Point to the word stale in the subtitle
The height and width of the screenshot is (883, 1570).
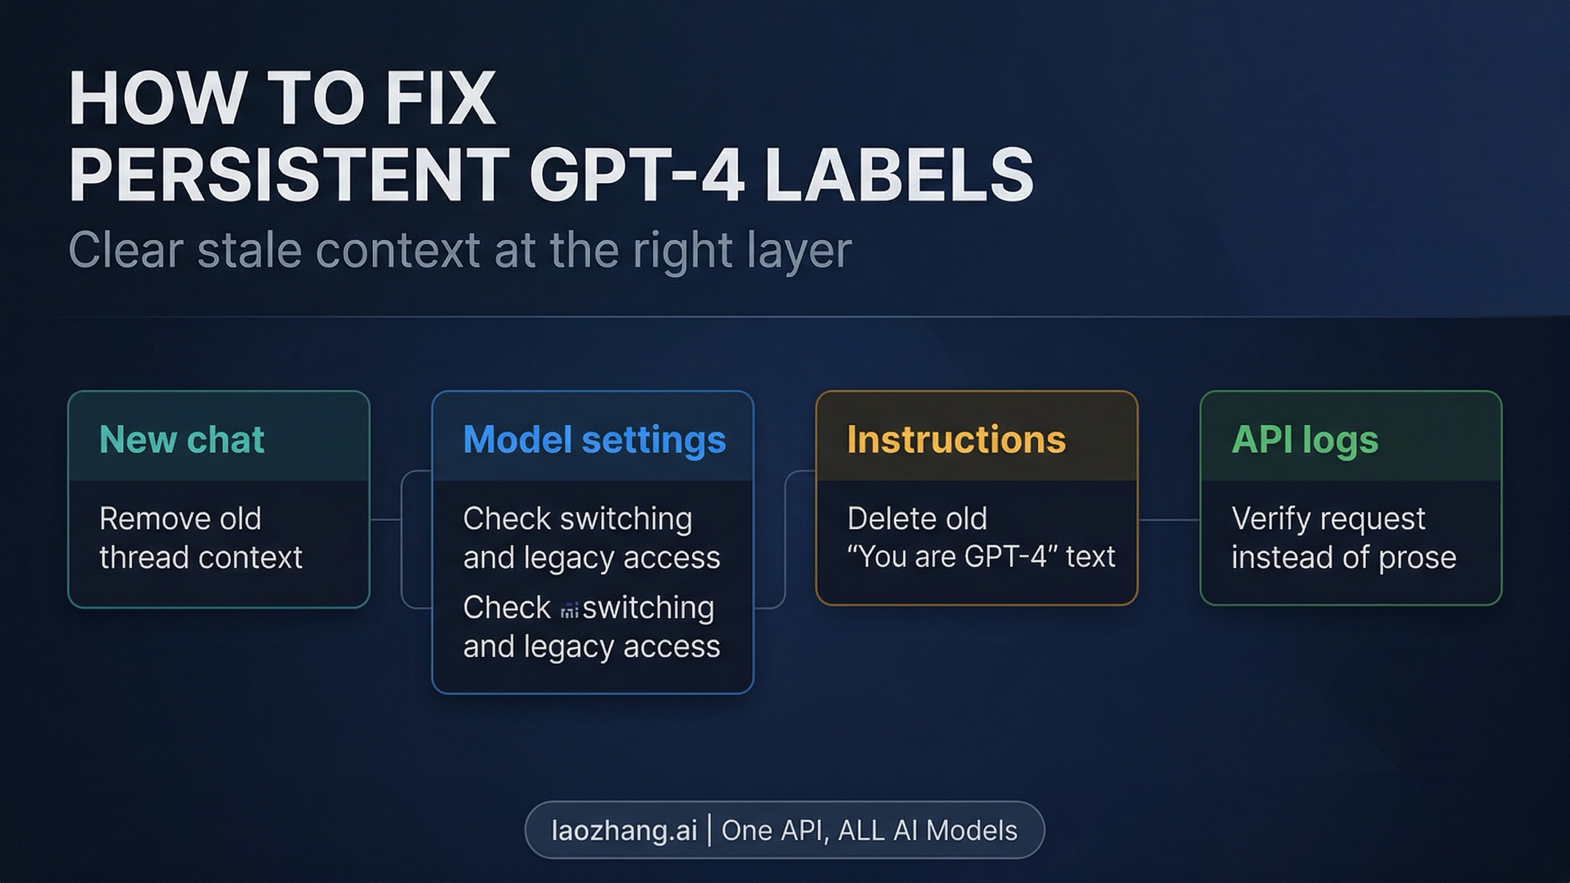tap(249, 250)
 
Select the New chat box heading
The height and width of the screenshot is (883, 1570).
tap(181, 439)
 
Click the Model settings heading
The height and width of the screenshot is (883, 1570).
tap(594, 439)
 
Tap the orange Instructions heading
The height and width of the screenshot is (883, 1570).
tap(956, 439)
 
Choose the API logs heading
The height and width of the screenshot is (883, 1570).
tap(1304, 439)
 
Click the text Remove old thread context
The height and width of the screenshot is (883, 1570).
tap(200, 538)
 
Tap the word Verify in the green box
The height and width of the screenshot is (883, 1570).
tap(1272, 519)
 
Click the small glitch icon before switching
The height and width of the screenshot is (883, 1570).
tap(569, 610)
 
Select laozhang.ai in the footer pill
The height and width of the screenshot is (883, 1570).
tap(624, 830)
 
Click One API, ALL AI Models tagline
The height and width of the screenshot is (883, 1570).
tap(869, 830)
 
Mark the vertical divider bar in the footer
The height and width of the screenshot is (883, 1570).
tap(710, 830)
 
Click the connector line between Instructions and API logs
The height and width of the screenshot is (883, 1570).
tap(1169, 520)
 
